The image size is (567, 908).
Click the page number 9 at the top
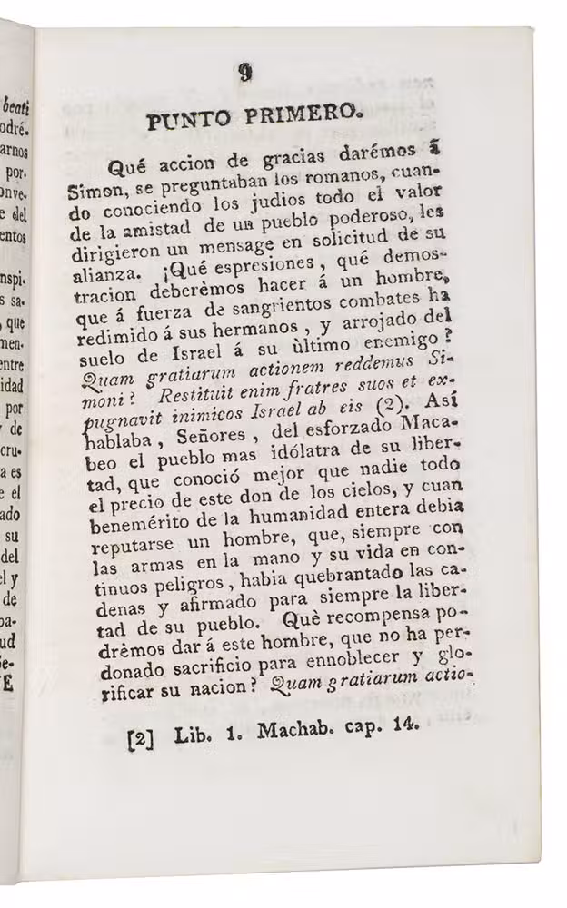(x=244, y=74)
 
